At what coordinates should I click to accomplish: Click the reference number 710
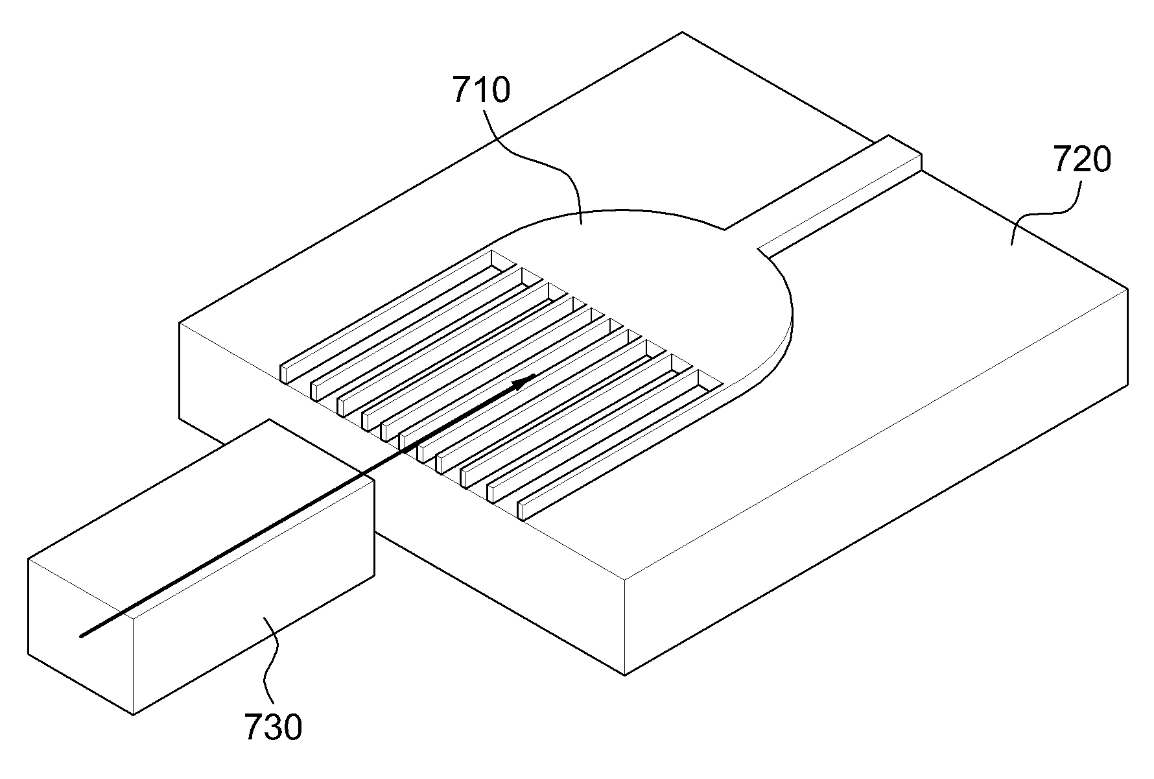[x=481, y=91]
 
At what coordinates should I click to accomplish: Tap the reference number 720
[x=1082, y=160]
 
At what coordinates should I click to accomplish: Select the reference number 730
[x=272, y=728]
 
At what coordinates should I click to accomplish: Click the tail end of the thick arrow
[x=81, y=636]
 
